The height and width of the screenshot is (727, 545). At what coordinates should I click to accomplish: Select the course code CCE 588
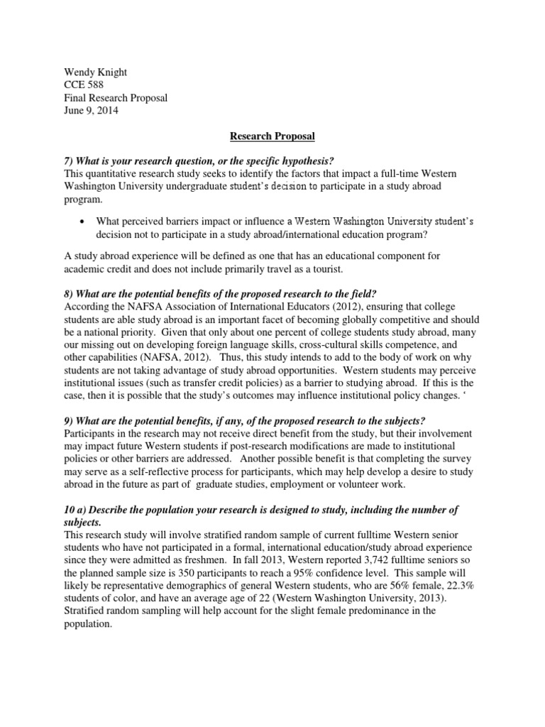pyautogui.click(x=83, y=84)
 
